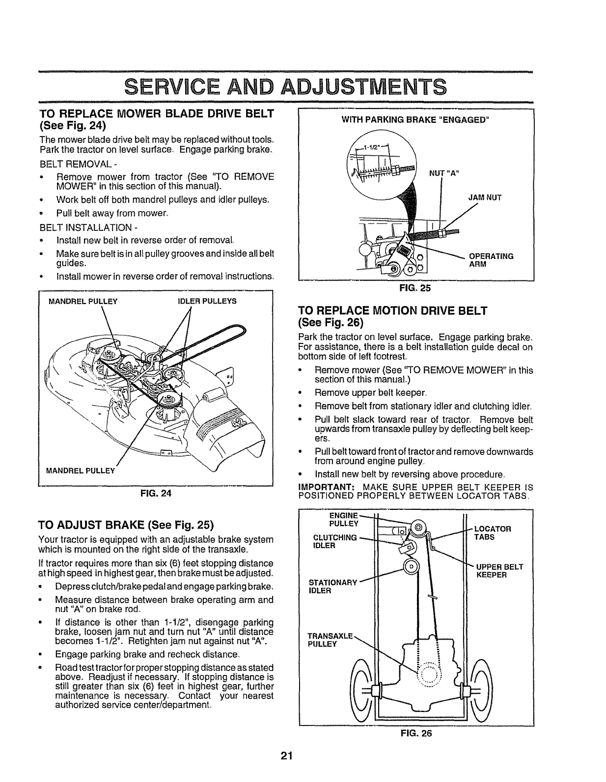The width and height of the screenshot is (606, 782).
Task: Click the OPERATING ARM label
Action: coord(491,260)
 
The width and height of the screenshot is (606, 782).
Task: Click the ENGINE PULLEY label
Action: coord(343,519)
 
